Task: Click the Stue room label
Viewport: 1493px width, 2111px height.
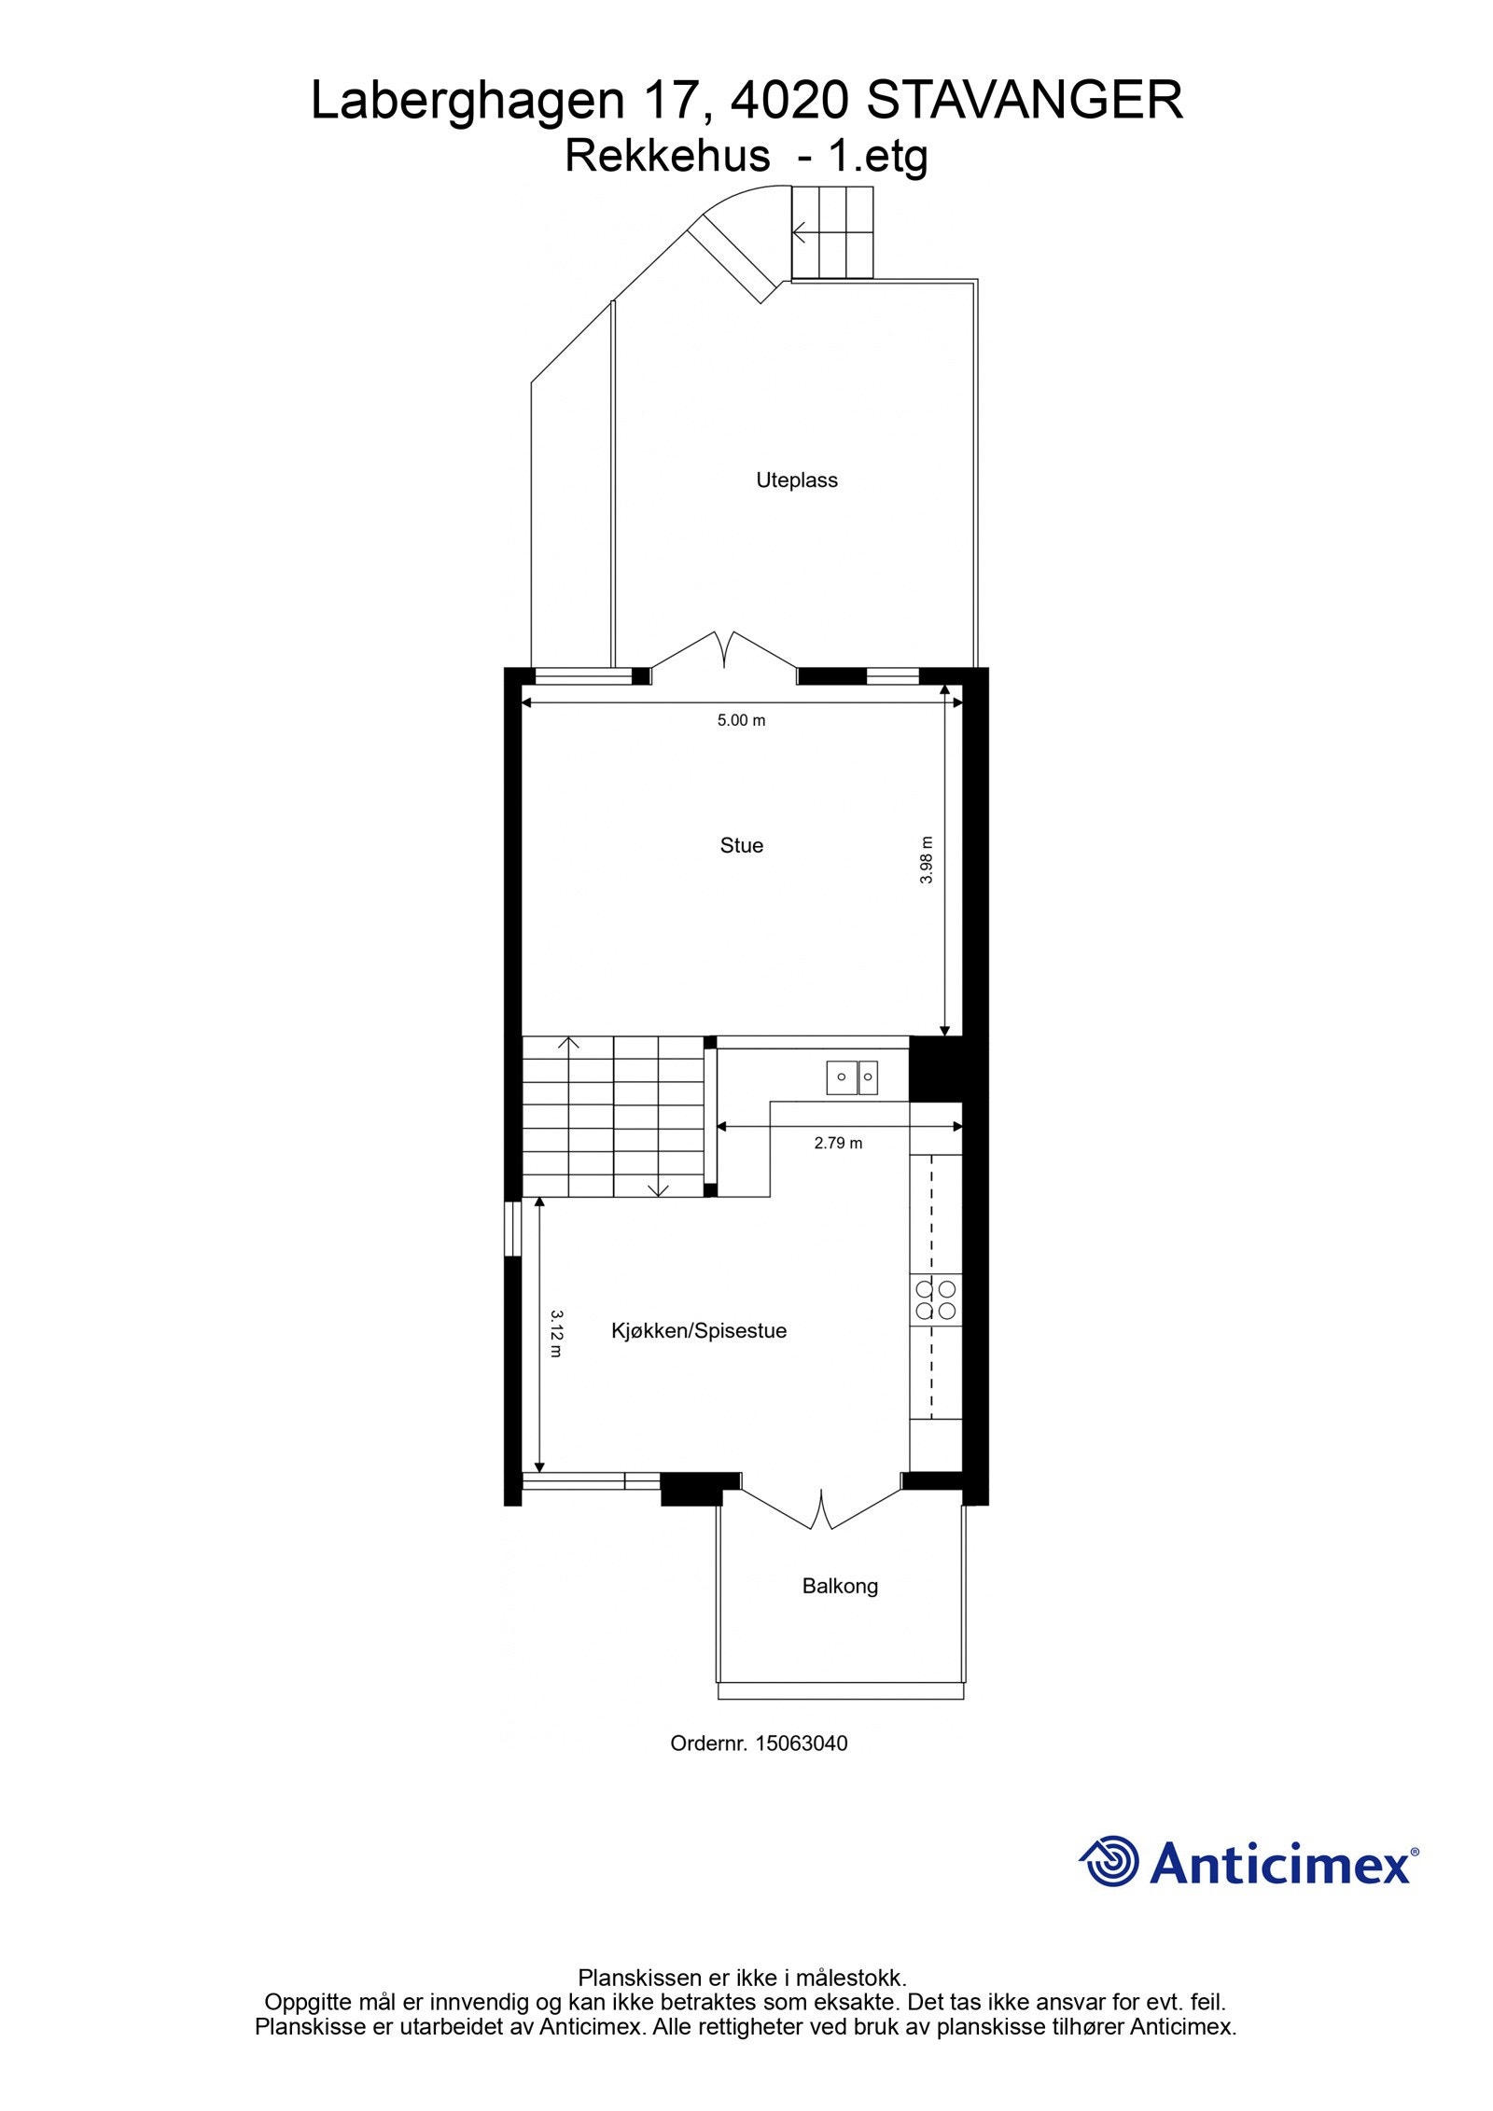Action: [741, 845]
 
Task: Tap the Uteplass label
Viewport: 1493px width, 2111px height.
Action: [796, 480]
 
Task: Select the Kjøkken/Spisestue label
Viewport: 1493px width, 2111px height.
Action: [699, 1330]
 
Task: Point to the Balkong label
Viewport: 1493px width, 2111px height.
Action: [840, 1586]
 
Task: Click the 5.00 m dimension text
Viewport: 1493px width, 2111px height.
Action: [741, 720]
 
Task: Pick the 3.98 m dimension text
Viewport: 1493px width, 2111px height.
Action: [927, 860]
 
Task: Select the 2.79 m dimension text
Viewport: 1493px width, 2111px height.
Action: [838, 1143]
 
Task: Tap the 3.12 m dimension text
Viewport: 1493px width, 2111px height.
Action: [557, 1333]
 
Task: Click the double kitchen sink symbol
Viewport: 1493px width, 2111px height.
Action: [852, 1077]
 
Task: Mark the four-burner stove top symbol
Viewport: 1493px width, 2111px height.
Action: [936, 1299]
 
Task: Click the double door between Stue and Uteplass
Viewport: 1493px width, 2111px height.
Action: [724, 650]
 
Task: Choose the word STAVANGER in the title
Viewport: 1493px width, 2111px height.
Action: [1025, 101]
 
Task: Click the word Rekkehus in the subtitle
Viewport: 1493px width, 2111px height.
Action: [667, 156]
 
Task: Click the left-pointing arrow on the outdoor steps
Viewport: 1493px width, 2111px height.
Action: [801, 230]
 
